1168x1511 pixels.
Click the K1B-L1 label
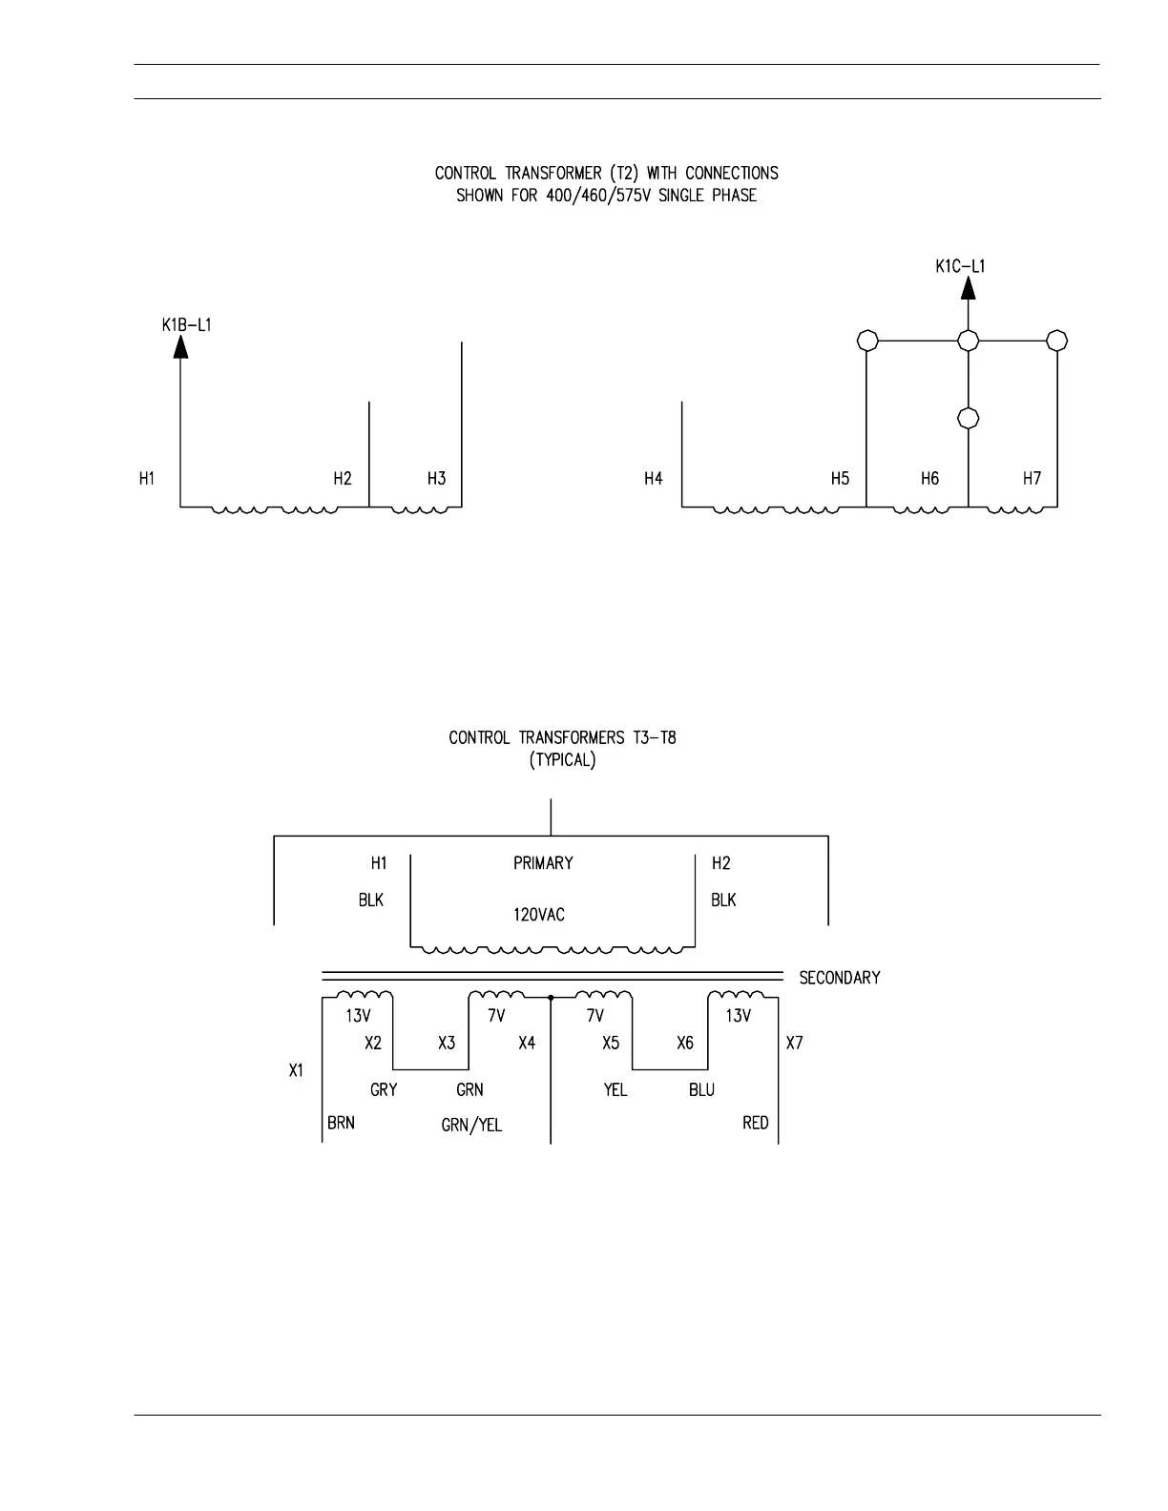point(186,325)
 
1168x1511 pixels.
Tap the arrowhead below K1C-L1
point(968,287)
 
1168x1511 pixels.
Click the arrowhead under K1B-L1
point(180,346)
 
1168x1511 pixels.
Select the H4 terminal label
point(654,479)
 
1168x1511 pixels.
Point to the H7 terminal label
point(1032,479)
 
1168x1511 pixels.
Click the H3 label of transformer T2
point(436,479)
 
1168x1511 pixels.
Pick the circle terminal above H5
point(866,341)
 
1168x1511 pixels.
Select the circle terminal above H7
point(1056,341)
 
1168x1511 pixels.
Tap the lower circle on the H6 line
point(968,418)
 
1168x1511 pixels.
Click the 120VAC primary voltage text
point(539,915)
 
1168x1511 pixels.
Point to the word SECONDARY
point(839,978)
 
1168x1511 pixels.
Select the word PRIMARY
point(543,863)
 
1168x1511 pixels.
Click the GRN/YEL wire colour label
point(471,1126)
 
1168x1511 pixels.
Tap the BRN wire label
point(341,1123)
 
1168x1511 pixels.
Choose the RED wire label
point(755,1123)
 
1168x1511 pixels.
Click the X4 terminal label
point(527,1044)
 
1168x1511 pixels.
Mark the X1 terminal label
point(297,1071)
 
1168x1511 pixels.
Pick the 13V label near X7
point(738,1016)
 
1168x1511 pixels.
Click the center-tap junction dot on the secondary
point(552,997)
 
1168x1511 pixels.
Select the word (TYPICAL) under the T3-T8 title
point(562,761)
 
